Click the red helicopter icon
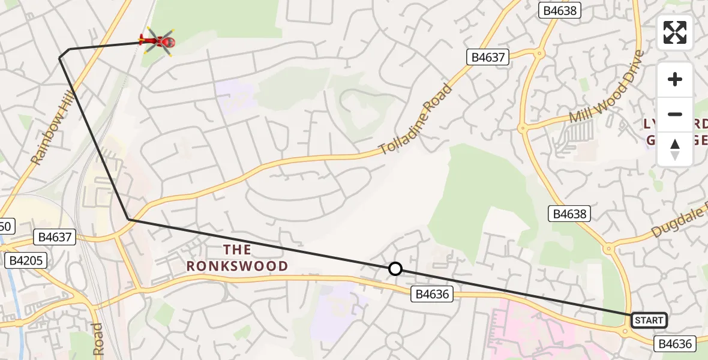tap(157, 41)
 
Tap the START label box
tap(649, 320)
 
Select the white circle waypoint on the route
tap(395, 269)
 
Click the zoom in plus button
tap(675, 79)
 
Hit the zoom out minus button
tap(675, 114)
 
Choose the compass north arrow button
tap(675, 149)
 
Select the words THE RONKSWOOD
tap(237, 257)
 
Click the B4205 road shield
tap(25, 260)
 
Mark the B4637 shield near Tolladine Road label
tap(488, 58)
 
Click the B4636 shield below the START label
tap(676, 344)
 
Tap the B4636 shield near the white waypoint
tap(431, 294)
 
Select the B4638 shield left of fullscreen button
tap(561, 10)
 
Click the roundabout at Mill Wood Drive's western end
tap(522, 128)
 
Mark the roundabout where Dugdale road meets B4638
tap(609, 247)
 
